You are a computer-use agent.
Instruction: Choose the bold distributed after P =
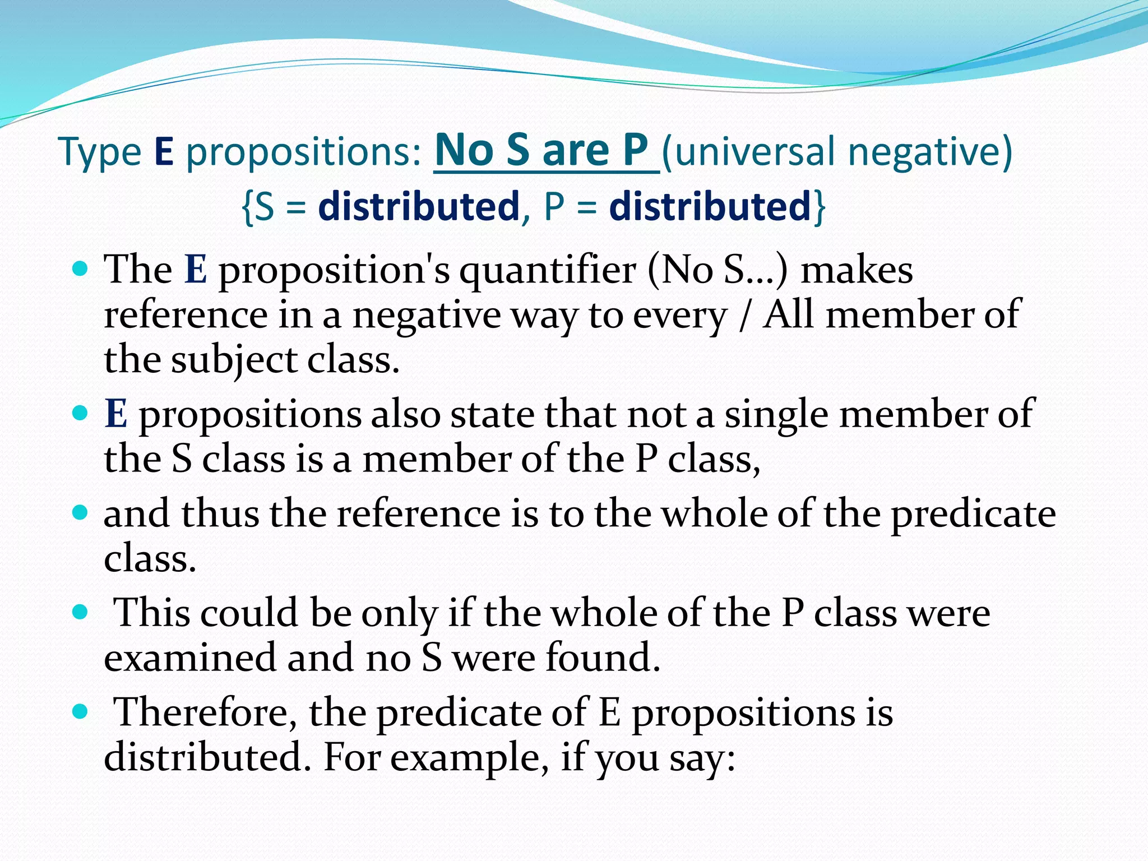[x=710, y=206]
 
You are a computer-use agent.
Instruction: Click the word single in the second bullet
[x=776, y=415]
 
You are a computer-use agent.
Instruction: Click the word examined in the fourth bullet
[x=190, y=657]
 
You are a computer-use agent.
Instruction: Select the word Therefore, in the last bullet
[x=205, y=713]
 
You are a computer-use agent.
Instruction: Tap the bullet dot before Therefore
[x=81, y=712]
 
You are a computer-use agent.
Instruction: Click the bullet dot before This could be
[x=81, y=612]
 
